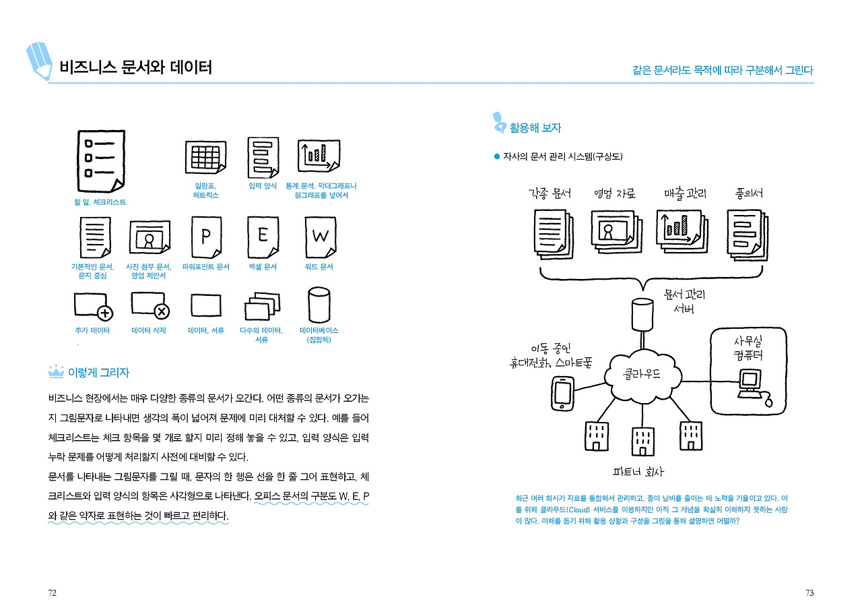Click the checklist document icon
(100, 161)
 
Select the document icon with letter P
(207, 236)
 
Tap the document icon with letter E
(263, 236)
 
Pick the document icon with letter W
(320, 236)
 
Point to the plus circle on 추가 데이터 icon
(105, 312)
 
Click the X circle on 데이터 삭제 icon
(162, 311)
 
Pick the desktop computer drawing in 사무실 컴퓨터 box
(749, 385)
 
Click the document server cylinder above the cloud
(641, 312)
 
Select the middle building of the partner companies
(642, 442)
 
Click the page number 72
(51, 593)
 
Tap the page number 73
(809, 593)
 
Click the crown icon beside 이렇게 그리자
(55, 372)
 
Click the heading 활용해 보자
(535, 127)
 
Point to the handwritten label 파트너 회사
(638, 472)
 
